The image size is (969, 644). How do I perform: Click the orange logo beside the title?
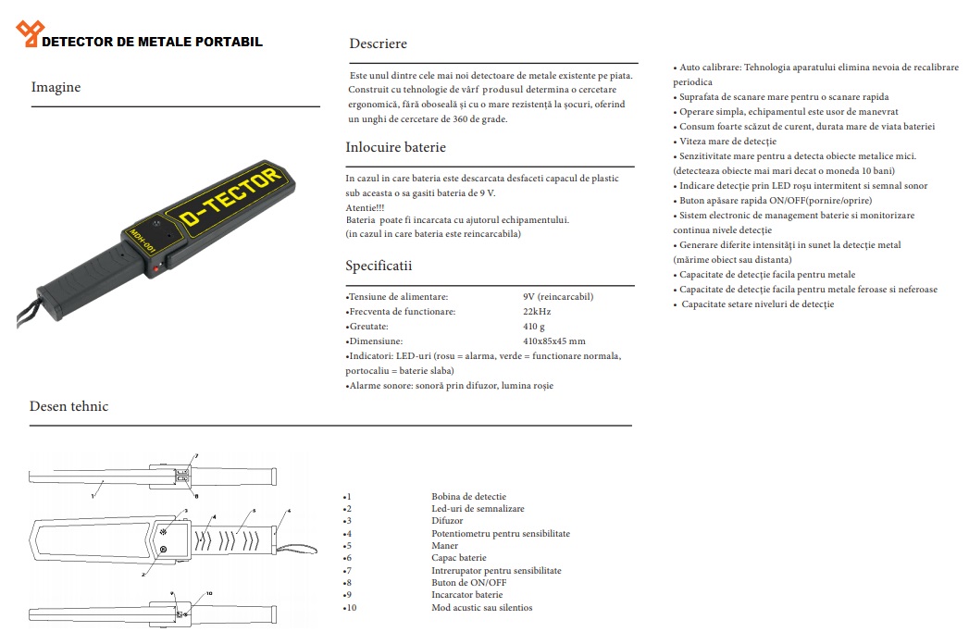[29, 34]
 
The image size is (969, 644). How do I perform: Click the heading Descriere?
[378, 43]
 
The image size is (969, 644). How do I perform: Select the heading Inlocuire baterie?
[395, 147]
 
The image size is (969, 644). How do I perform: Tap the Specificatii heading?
[379, 266]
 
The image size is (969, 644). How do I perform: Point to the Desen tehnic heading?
[68, 406]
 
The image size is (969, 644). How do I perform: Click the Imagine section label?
[56, 87]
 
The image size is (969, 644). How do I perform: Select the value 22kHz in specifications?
[537, 312]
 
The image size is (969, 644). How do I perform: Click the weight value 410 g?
[534, 327]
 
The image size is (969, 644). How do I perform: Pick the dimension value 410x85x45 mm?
[553, 341]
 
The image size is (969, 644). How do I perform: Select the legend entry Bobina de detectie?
[468, 497]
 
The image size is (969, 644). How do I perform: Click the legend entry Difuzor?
[447, 521]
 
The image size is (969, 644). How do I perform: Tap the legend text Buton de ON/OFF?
[468, 583]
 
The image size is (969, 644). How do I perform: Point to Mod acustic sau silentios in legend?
[481, 608]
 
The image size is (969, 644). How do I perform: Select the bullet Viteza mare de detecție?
[727, 142]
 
